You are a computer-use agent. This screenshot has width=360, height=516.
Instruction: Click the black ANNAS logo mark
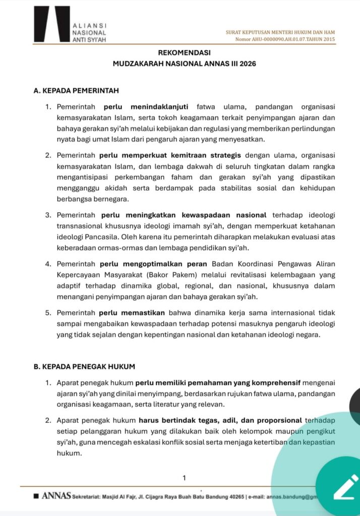tap(52, 24)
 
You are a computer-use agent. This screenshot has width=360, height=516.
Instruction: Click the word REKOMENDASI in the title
tap(179, 52)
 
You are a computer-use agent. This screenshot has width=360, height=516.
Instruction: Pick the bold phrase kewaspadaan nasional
tap(230, 215)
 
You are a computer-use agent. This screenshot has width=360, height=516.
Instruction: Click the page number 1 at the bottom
tap(185, 478)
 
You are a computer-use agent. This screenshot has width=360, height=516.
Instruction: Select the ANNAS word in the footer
tap(56, 496)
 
